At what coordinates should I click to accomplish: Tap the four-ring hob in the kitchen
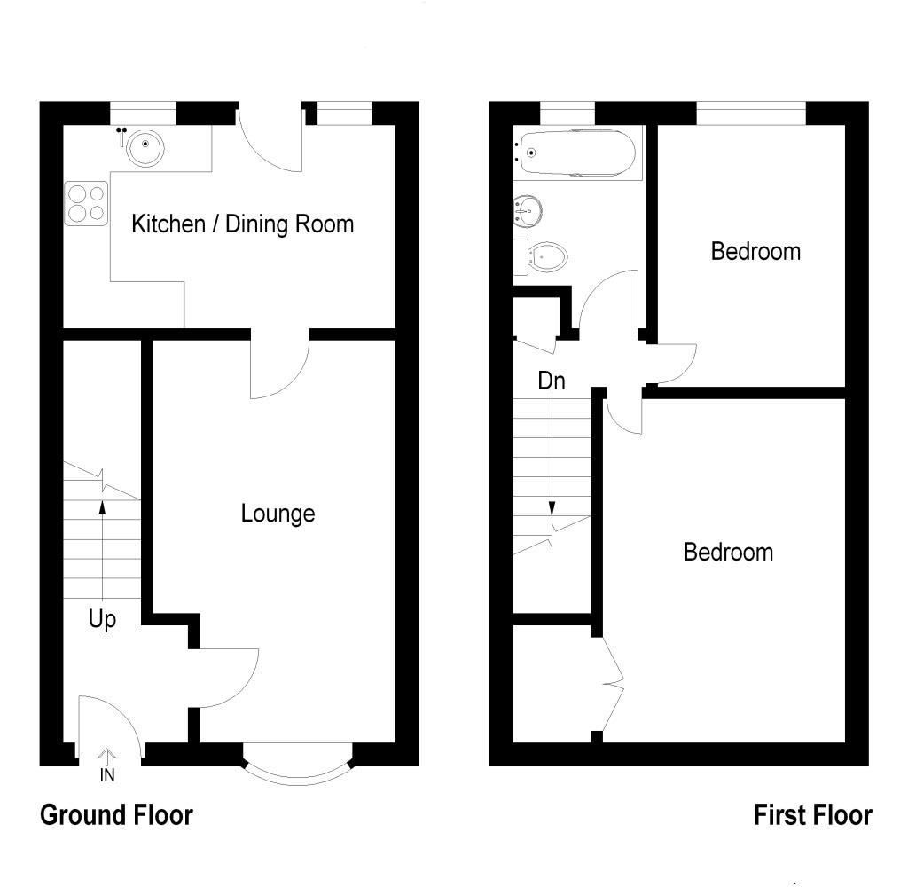pos(86,202)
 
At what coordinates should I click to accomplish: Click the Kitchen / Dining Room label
pos(242,224)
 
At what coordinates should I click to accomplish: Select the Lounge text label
pos(278,514)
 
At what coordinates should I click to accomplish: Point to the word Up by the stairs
pos(102,620)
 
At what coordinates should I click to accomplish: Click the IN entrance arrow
pos(106,764)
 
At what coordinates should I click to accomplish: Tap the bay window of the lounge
pos(297,770)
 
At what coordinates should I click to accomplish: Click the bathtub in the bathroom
pos(577,153)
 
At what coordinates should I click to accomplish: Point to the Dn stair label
pos(552,381)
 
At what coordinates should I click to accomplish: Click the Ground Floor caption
pos(116,814)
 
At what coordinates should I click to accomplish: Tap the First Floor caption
pos(812,814)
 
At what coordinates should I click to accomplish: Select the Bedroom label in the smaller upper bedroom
pos(755,252)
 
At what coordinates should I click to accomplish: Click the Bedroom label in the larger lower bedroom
pos(728,553)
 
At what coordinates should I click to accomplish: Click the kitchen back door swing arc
pos(275,146)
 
